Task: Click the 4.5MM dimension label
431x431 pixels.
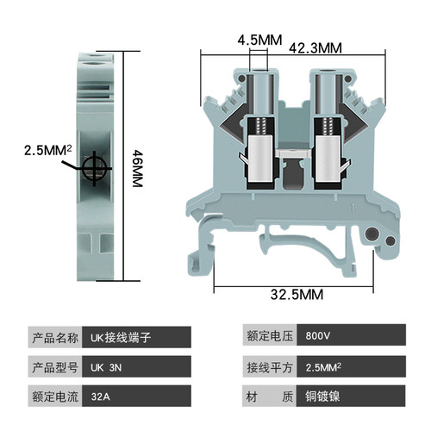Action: tap(259, 40)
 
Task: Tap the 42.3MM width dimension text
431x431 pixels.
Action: tap(315, 48)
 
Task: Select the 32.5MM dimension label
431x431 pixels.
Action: tap(297, 295)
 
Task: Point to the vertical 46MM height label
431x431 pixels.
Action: tap(137, 169)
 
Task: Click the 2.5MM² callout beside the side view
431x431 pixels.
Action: tap(47, 150)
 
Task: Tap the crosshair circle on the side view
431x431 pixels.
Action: tap(94, 168)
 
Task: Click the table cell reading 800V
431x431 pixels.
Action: tap(351, 335)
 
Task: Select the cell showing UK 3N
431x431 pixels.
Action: tap(136, 366)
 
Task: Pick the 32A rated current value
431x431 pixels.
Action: tap(136, 397)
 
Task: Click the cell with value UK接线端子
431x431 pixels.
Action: tap(136, 337)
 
